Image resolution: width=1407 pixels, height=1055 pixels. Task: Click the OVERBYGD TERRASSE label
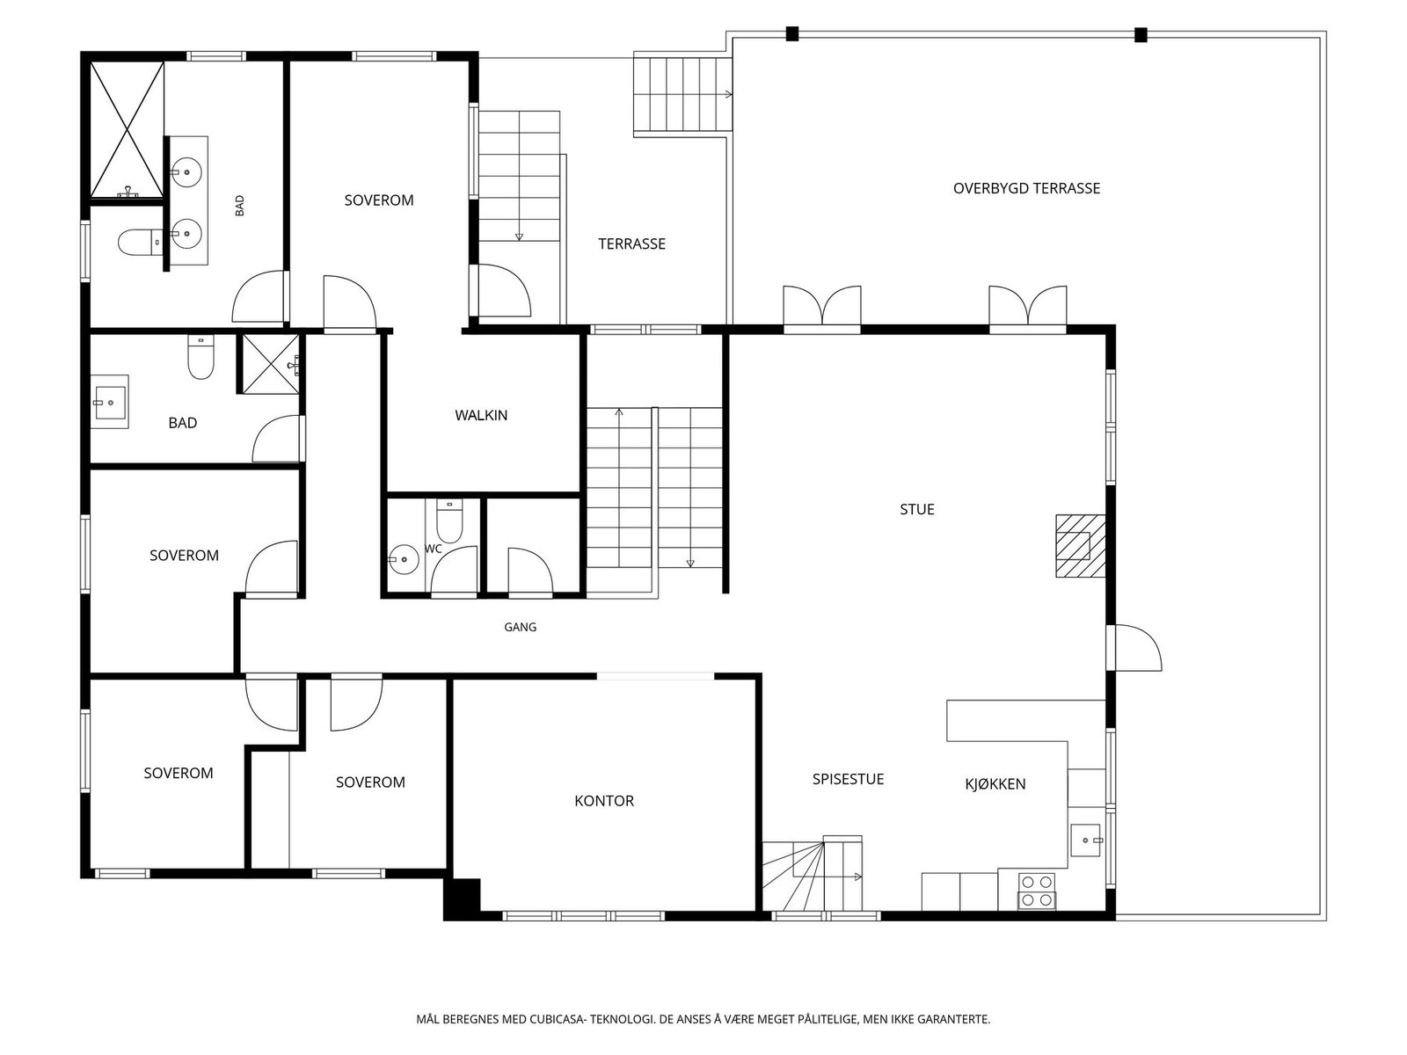click(x=1026, y=188)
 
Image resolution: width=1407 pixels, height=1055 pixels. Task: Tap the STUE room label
click(x=916, y=509)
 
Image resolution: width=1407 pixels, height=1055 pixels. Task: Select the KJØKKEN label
click(x=995, y=783)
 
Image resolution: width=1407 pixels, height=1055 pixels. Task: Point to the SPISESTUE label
click(x=848, y=779)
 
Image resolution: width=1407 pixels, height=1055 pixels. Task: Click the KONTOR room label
click(x=604, y=801)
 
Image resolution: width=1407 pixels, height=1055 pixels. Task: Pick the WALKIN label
click(x=481, y=415)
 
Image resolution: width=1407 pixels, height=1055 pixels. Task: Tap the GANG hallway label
click(x=520, y=627)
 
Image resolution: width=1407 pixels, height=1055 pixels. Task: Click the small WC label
click(x=434, y=549)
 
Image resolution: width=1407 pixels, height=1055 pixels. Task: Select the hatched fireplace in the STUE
click(x=1081, y=546)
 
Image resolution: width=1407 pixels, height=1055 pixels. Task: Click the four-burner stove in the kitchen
click(x=1037, y=891)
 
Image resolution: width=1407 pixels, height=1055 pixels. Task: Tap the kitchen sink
click(x=1086, y=840)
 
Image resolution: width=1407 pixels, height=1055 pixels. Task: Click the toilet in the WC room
click(x=448, y=521)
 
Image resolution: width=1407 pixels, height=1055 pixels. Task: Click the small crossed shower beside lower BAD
click(x=268, y=364)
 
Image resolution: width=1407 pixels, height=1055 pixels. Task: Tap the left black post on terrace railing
click(x=792, y=34)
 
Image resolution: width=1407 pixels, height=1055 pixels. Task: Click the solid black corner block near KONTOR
click(x=463, y=899)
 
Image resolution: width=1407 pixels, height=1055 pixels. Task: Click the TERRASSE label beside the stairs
click(x=631, y=244)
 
